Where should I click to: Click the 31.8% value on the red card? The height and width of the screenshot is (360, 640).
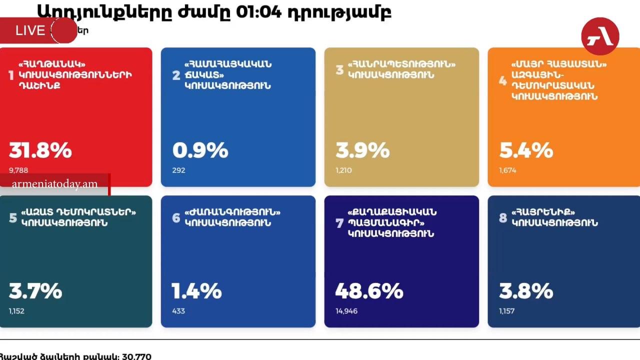pyautogui.click(x=40, y=150)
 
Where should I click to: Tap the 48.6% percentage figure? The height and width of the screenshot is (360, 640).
pyautogui.click(x=369, y=290)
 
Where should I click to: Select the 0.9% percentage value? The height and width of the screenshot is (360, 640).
pyautogui.click(x=200, y=150)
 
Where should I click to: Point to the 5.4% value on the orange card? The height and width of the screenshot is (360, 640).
pyautogui.click(x=526, y=150)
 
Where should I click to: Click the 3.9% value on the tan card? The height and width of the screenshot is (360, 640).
pyautogui.click(x=362, y=150)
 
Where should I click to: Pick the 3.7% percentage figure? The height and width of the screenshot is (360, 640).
pyautogui.click(x=35, y=290)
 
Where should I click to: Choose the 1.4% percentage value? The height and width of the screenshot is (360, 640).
pyautogui.click(x=197, y=290)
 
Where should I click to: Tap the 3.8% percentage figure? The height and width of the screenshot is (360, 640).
pyautogui.click(x=526, y=290)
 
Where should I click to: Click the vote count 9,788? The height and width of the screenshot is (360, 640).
pyautogui.click(x=19, y=170)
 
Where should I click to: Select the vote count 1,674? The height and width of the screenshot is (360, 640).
pyautogui.click(x=507, y=170)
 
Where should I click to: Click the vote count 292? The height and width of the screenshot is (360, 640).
pyautogui.click(x=178, y=170)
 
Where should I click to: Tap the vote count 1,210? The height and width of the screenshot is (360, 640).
pyautogui.click(x=344, y=170)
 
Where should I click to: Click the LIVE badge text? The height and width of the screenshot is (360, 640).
pyautogui.click(x=30, y=30)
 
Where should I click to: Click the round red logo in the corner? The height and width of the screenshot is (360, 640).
pyautogui.click(x=600, y=36)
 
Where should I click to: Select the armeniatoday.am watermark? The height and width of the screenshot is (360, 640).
pyautogui.click(x=54, y=184)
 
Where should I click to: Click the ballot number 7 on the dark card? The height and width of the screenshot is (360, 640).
pyautogui.click(x=339, y=223)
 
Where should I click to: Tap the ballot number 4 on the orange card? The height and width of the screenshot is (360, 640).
pyautogui.click(x=503, y=80)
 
